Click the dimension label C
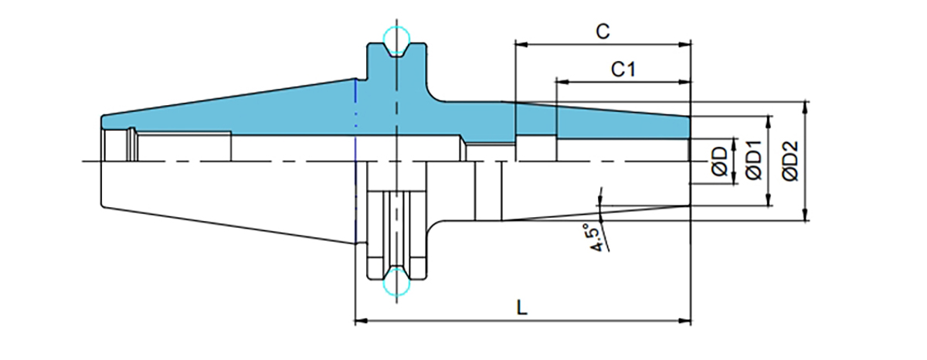click(x=603, y=32)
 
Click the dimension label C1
click(x=623, y=70)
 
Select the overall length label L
click(x=522, y=307)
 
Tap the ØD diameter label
click(x=719, y=161)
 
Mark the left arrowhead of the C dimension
click(x=521, y=45)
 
